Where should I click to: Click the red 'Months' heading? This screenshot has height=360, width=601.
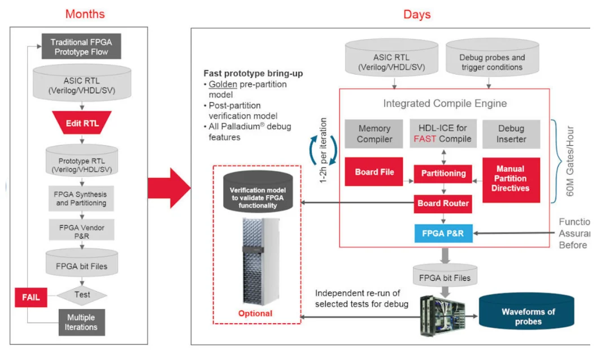(x=85, y=14)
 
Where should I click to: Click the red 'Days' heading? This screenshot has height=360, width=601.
(x=416, y=14)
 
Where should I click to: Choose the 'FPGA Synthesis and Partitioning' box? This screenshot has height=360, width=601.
(x=81, y=198)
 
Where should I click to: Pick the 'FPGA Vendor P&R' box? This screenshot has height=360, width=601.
(x=81, y=232)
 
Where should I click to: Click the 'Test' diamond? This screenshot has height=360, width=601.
(x=82, y=294)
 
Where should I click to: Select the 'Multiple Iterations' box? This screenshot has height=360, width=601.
(x=81, y=322)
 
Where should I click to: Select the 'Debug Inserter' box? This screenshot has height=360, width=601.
(x=511, y=134)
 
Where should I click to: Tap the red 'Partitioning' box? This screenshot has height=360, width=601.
(x=443, y=174)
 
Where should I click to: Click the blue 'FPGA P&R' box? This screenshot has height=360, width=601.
(x=444, y=233)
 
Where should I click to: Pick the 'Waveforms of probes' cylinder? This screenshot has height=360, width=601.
(x=528, y=316)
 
